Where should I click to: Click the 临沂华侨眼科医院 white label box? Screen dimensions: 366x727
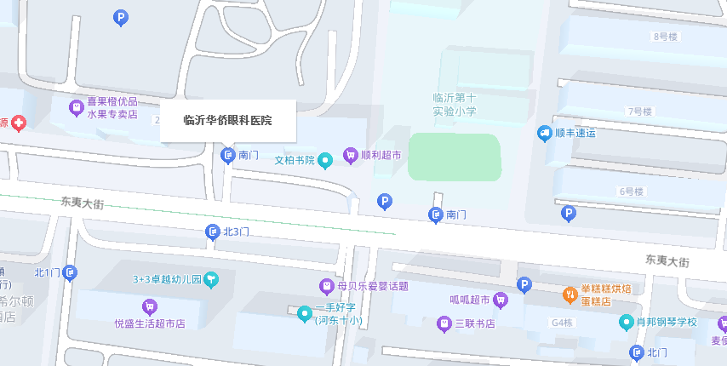click(x=227, y=121)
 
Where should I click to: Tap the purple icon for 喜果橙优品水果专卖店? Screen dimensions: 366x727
click(x=76, y=108)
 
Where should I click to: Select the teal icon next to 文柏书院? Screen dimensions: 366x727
click(x=324, y=160)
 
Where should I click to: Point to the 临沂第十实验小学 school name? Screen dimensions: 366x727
click(x=455, y=105)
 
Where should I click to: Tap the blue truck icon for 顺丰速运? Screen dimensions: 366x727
click(x=545, y=133)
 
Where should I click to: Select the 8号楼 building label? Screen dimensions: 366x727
click(x=664, y=37)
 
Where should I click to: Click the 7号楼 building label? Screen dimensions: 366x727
click(x=638, y=112)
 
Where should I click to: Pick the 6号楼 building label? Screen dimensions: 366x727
click(x=631, y=191)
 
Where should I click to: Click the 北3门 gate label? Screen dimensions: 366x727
click(x=236, y=232)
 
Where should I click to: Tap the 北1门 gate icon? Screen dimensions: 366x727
click(x=70, y=272)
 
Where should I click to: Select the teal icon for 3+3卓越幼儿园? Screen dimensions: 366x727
click(x=211, y=278)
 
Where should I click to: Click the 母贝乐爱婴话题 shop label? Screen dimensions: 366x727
click(x=373, y=285)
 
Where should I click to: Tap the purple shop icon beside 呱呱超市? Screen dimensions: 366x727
click(x=501, y=300)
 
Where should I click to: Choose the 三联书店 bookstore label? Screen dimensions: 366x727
click(x=475, y=323)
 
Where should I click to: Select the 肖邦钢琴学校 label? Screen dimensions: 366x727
click(x=667, y=323)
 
